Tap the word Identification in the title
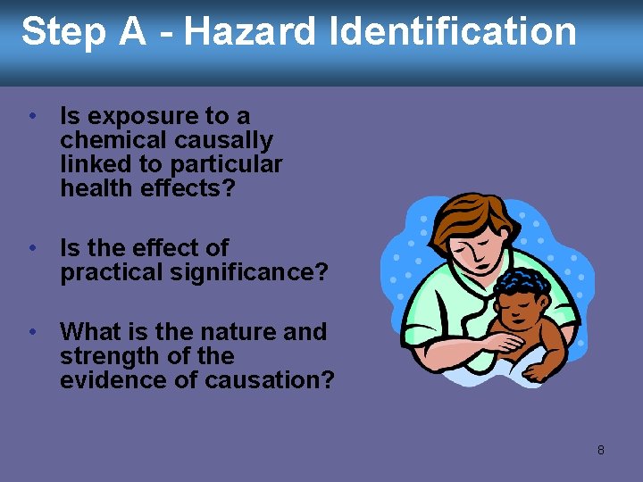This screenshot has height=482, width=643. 453,32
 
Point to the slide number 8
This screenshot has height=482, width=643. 600,450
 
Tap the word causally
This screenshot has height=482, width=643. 223,140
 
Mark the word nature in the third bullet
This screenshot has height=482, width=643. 235,332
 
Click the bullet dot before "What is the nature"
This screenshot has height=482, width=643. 32,332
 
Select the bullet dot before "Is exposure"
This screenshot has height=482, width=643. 32,116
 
